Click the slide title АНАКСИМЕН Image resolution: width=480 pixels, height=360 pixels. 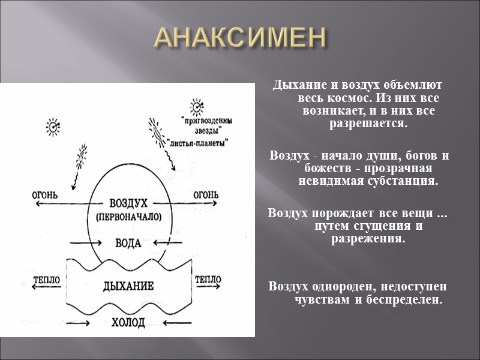click(240, 38)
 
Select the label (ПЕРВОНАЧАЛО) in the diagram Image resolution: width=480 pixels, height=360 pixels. click(128, 217)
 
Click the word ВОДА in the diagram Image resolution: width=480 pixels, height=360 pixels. click(128, 243)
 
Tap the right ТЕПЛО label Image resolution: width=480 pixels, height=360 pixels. click(208, 279)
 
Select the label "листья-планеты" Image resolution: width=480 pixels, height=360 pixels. click(197, 144)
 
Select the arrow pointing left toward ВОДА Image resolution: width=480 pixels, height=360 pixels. click(167, 243)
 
